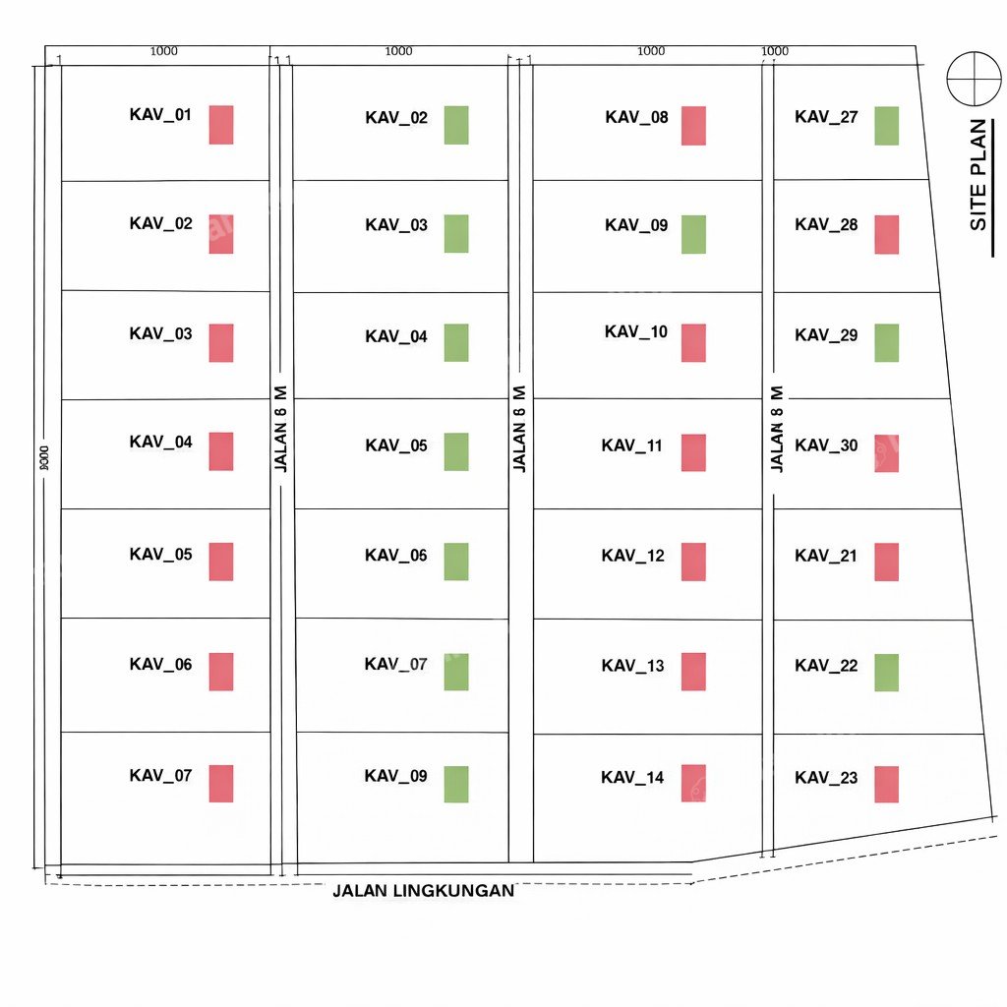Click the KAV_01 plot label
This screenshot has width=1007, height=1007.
[160, 115]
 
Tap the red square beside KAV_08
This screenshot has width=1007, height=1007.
[693, 126]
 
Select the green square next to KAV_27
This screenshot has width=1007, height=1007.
[886, 126]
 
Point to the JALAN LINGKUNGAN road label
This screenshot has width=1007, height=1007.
[423, 891]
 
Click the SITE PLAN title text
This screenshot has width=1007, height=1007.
[978, 175]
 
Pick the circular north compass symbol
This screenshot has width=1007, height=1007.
[974, 79]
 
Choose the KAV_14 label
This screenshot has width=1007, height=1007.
[632, 778]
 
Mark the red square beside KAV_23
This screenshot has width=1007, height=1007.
[886, 784]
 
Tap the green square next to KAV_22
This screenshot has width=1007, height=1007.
[886, 673]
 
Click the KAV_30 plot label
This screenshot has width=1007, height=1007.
[826, 445]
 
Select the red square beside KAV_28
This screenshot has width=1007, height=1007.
[886, 234]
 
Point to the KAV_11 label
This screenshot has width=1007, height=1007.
[632, 445]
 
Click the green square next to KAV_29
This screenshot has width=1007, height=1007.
[886, 343]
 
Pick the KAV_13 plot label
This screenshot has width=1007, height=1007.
[632, 666]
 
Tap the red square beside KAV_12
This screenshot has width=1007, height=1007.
[693, 562]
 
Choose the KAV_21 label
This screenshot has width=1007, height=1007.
[826, 557]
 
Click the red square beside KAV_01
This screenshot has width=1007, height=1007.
[221, 125]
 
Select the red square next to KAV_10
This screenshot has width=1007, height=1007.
[693, 343]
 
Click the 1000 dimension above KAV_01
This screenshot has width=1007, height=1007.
[164, 51]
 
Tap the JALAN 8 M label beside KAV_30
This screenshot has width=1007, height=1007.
[777, 429]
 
